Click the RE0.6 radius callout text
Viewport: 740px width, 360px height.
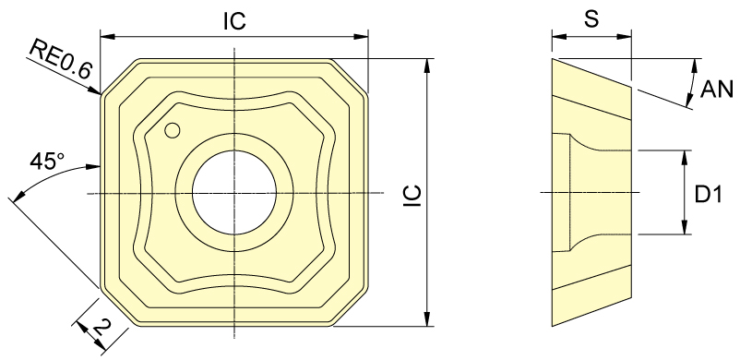(x=60, y=59)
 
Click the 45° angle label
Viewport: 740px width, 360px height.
(x=47, y=161)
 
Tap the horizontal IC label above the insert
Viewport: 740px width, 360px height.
(x=234, y=21)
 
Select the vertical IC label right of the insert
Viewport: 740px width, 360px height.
(x=412, y=196)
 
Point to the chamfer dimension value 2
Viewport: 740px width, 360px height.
(x=102, y=326)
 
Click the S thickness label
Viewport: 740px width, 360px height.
(x=591, y=19)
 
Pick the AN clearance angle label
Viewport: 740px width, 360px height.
(x=716, y=89)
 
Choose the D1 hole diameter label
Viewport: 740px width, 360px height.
(x=709, y=194)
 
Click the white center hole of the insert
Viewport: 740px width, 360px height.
(x=234, y=192)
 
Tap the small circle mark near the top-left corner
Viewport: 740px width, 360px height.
(x=173, y=130)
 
